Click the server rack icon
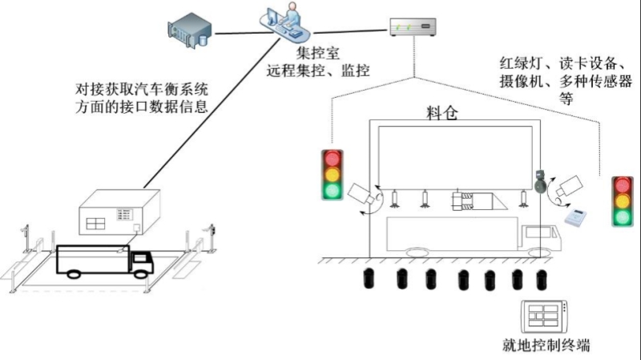[190, 30]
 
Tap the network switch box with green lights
[413, 27]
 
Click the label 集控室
[318, 53]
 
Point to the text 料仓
[442, 113]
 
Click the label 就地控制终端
[546, 345]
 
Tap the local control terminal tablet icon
[545, 317]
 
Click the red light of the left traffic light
[333, 158]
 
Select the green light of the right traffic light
[623, 216]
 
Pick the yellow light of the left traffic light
[333, 174]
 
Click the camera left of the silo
[361, 193]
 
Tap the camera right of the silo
[570, 185]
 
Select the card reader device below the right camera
[575, 216]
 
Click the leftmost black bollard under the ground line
[369, 278]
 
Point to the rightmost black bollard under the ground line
[542, 280]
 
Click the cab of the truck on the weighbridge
[142, 262]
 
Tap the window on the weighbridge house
[95, 224]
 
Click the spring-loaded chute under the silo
[478, 200]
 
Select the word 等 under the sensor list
[566, 99]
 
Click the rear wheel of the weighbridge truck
[74, 274]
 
